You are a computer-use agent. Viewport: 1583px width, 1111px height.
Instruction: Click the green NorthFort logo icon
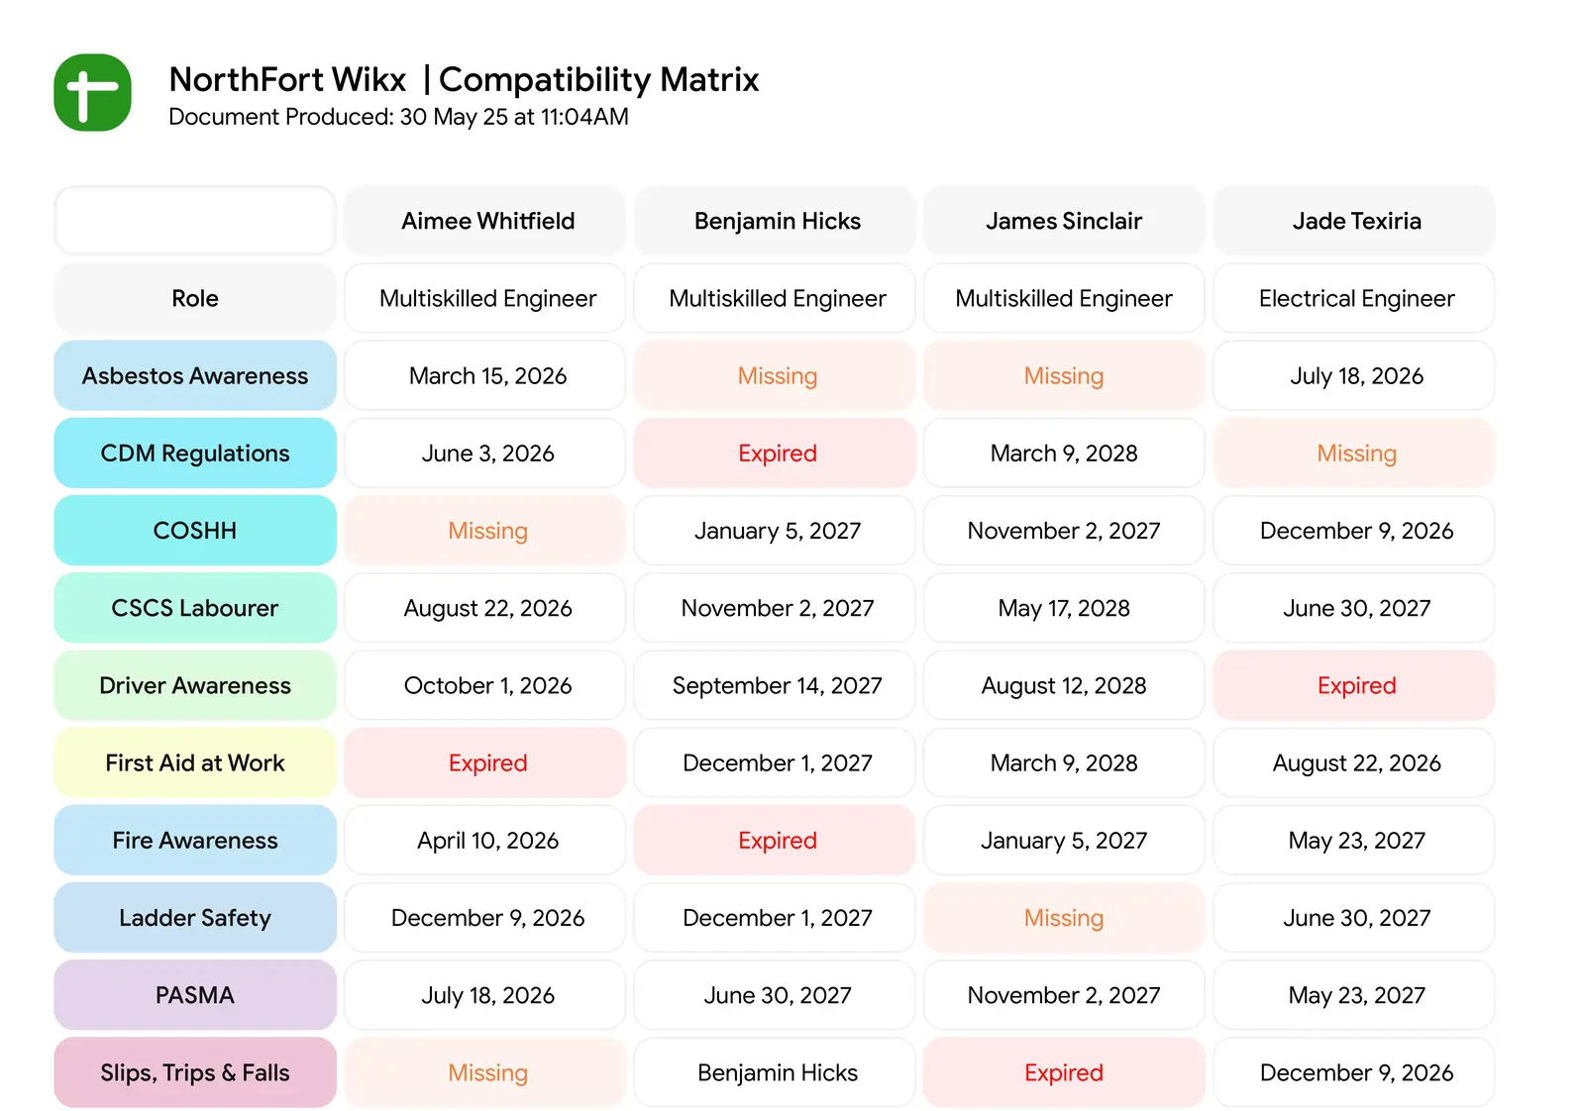[x=92, y=92]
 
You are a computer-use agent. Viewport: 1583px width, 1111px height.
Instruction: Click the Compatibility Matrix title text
[x=597, y=79]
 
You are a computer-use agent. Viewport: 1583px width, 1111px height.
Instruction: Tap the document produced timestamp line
[x=398, y=117]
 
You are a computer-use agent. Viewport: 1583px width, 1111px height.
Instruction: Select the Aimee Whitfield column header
[x=487, y=221]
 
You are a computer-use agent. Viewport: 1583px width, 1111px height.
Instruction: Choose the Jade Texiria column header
[x=1355, y=221]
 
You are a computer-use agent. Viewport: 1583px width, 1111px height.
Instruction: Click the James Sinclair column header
[x=1063, y=221]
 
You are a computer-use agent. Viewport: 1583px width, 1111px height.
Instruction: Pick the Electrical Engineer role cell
[x=1355, y=298]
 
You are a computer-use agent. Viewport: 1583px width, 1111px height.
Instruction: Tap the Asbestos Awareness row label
[x=195, y=375]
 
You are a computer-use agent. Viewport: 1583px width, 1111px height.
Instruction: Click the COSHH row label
[x=195, y=531]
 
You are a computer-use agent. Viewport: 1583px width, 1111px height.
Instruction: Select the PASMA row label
[x=195, y=995]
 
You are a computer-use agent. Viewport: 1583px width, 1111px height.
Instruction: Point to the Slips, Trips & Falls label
[x=195, y=1072]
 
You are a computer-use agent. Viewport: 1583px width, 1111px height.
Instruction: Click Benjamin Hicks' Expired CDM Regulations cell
[x=777, y=454]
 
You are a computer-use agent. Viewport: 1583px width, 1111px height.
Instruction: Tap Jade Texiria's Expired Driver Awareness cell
[x=1355, y=685]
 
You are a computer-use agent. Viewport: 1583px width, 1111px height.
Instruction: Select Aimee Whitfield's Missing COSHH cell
[x=487, y=531]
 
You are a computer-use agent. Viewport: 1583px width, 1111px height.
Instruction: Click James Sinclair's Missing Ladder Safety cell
[x=1063, y=918]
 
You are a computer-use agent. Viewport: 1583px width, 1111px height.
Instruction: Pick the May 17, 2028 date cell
[x=1063, y=608]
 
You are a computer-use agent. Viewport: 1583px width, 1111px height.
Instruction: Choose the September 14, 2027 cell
[x=777, y=685]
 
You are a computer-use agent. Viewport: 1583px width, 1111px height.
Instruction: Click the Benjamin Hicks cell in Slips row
[x=777, y=1072]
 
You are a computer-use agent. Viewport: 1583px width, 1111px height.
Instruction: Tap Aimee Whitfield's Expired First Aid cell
[x=487, y=762]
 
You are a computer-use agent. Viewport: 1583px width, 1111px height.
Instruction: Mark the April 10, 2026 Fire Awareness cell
[x=487, y=841]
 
